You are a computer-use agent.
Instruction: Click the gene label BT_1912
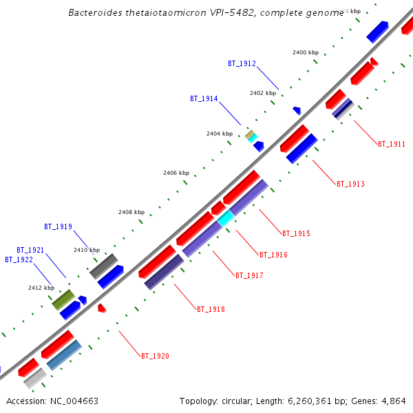[x=242, y=64]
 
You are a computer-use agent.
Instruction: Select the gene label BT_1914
[x=204, y=99]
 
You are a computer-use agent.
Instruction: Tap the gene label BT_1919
[x=58, y=226]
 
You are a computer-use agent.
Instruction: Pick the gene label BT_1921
[x=30, y=250]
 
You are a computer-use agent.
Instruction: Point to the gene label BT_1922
[x=19, y=260]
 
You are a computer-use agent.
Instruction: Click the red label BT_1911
[x=392, y=145]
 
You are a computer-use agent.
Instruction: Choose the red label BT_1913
[x=350, y=184]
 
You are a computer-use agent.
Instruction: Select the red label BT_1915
[x=296, y=234]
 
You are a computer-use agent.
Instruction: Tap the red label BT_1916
[x=273, y=255]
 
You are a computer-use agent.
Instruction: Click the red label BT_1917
[x=249, y=276]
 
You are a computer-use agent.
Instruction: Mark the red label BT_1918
[x=211, y=310]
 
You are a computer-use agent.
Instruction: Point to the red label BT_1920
[x=155, y=357]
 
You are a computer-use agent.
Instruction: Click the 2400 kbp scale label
[x=306, y=52]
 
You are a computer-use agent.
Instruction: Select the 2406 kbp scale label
[x=176, y=173]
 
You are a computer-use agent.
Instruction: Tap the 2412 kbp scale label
[x=41, y=288]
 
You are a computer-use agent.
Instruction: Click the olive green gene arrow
[x=63, y=299]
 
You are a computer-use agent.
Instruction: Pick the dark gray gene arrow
[x=104, y=266]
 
